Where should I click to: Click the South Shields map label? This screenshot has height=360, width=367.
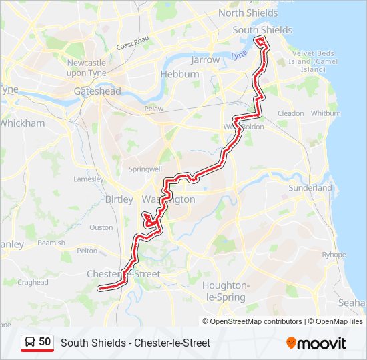[262, 30]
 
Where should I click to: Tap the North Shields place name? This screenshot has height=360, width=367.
[248, 13]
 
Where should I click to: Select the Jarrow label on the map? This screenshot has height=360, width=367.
[206, 60]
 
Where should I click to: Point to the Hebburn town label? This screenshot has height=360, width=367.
[179, 75]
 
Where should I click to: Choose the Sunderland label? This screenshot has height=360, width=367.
[310, 188]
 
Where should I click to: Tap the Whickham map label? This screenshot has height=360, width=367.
[23, 123]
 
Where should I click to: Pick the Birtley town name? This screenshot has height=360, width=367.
[119, 199]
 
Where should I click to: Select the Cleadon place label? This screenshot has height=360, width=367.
[290, 114]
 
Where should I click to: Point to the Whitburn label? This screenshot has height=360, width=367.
[326, 114]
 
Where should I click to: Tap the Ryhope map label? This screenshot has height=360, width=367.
[334, 255]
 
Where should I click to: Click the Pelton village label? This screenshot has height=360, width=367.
[87, 251]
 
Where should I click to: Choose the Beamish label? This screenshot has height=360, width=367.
[51, 243]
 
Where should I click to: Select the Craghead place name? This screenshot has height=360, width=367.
[33, 282]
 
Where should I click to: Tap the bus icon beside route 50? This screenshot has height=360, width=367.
[29, 343]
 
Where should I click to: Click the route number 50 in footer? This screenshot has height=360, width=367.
[45, 342]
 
